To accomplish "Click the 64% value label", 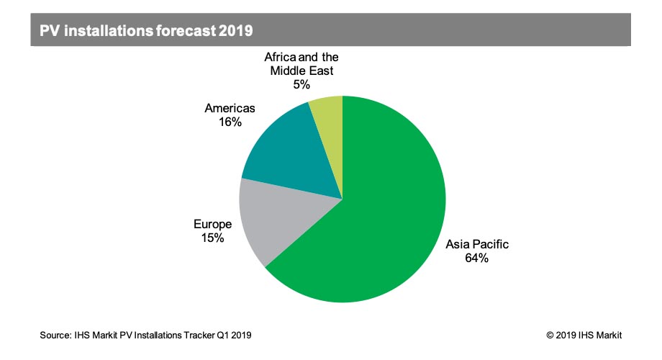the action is click(x=476, y=258).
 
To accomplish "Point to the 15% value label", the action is click(x=212, y=238).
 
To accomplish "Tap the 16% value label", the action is click(x=230, y=122).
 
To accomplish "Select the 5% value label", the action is click(x=301, y=84).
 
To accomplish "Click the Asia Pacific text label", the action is click(x=477, y=244).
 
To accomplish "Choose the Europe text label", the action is click(x=212, y=225).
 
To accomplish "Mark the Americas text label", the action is click(x=230, y=108).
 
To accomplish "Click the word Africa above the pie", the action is click(x=279, y=57).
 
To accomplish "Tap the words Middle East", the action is click(x=301, y=71).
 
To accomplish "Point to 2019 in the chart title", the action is click(x=235, y=30).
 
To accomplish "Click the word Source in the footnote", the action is click(x=55, y=335).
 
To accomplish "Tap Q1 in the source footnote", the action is click(x=222, y=335).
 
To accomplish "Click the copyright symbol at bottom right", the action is click(x=550, y=336).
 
